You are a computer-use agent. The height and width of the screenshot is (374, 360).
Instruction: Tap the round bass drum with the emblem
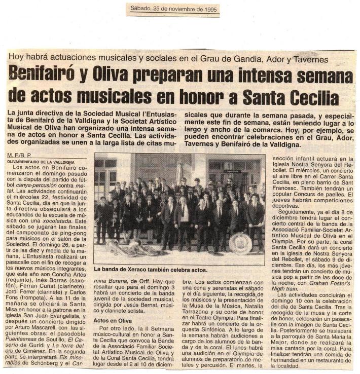[240, 243]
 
